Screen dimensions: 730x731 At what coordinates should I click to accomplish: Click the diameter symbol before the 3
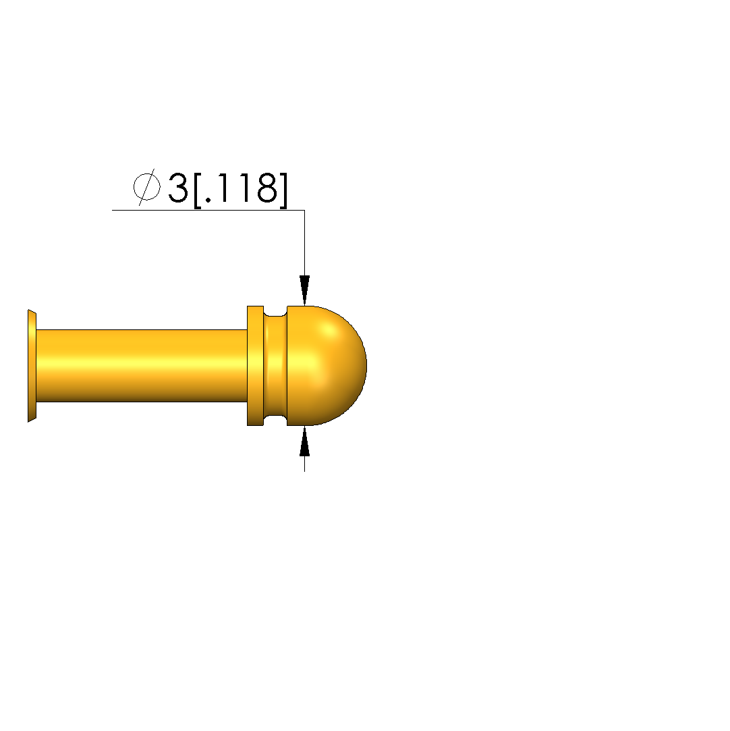coord(147,188)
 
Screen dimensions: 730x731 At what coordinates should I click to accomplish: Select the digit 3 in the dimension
coord(177,188)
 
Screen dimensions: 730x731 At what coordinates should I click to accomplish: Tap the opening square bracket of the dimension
coord(197,190)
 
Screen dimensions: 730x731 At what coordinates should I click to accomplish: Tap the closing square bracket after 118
coord(283,190)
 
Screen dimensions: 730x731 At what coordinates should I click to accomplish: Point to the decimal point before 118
coord(208,200)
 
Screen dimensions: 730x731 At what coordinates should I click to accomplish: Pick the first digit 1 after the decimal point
coord(223,188)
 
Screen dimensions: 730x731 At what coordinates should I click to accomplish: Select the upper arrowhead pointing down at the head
coord(305,290)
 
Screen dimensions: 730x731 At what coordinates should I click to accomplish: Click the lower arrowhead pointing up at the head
coord(305,441)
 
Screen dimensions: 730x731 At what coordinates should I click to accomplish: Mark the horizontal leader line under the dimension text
coord(208,211)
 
